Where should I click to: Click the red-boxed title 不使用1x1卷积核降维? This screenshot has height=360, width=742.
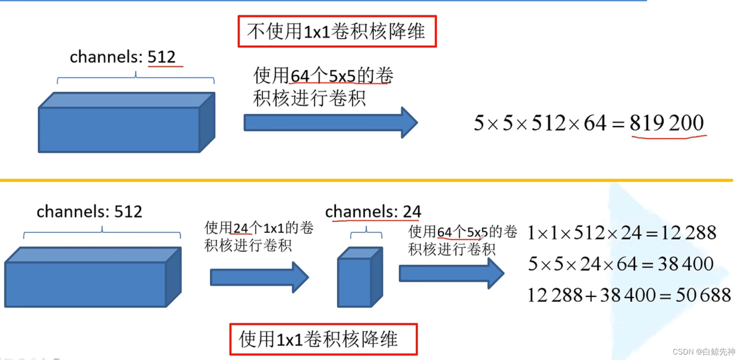tap(337, 32)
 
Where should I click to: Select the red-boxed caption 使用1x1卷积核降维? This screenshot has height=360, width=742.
tap(323, 339)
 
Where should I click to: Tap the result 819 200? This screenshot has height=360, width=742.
tap(666, 123)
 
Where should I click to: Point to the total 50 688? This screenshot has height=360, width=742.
tap(703, 295)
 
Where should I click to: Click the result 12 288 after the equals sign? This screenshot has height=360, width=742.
tap(688, 233)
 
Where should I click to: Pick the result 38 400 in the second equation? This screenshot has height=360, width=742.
tap(686, 264)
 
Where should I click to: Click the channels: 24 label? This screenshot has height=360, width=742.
tap(373, 212)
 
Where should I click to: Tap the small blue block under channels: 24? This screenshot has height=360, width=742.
tap(359, 278)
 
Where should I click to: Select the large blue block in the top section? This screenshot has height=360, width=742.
tap(126, 123)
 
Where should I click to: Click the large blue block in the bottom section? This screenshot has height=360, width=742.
tap(93, 278)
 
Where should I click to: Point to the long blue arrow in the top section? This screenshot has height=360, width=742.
tap(330, 122)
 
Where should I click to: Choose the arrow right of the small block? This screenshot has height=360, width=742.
tap(451, 273)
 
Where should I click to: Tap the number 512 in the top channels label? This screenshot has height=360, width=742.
tap(162, 57)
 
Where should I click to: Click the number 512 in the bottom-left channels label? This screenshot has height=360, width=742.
tap(128, 212)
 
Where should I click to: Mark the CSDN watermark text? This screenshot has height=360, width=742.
tap(703, 352)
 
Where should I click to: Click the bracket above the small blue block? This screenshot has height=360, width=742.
tap(366, 233)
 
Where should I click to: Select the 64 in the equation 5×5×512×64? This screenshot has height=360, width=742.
tap(595, 123)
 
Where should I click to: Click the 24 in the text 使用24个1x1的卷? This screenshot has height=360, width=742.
tap(241, 228)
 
